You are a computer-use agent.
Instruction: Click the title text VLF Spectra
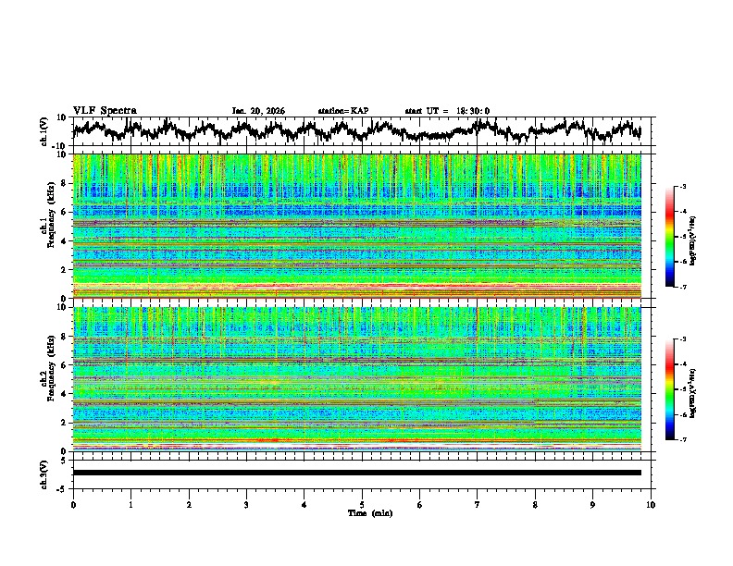(x=105, y=110)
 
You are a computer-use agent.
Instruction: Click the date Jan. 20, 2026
(x=258, y=111)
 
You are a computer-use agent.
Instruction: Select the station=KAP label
(x=342, y=111)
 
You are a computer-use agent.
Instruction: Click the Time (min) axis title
(x=362, y=513)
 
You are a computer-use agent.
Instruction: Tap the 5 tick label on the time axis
(x=362, y=505)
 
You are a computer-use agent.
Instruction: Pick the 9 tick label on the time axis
(x=593, y=505)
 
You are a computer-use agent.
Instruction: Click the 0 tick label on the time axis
(x=73, y=505)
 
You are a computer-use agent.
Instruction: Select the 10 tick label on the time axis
(x=651, y=505)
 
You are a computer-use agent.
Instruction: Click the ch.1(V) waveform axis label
(x=44, y=131)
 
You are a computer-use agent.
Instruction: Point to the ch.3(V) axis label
(x=44, y=473)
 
